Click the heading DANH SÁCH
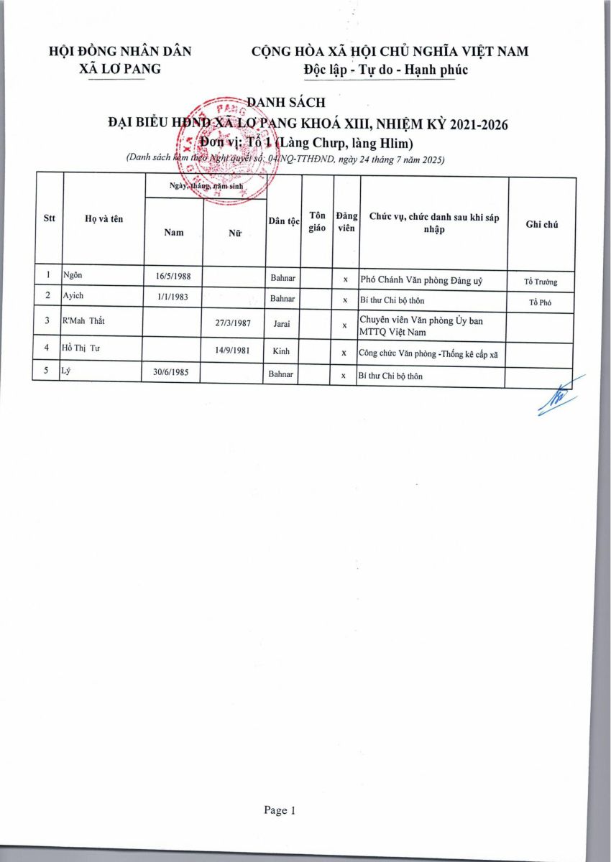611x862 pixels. point(286,103)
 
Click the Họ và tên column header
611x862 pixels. point(104,219)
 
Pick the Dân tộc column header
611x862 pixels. point(284,222)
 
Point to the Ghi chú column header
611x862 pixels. point(542,224)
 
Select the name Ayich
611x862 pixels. point(73,296)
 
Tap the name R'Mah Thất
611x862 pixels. point(84,321)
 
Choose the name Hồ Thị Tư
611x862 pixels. point(81,349)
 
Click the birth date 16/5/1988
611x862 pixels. point(173,276)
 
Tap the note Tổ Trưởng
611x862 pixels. point(541,282)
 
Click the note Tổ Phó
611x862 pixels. point(541,302)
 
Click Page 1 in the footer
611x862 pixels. point(280,810)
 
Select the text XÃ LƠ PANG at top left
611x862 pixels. point(120,69)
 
